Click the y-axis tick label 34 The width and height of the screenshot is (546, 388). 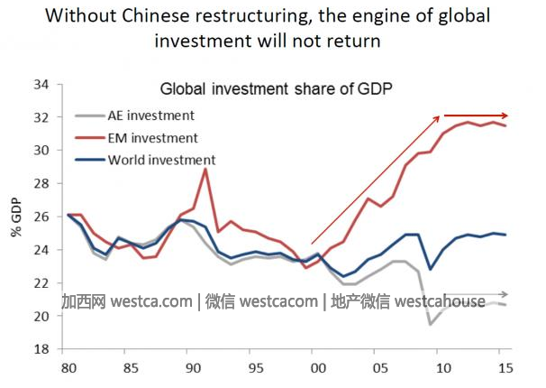(41, 85)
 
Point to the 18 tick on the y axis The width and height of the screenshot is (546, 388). (41, 349)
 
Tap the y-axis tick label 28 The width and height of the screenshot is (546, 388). (41, 184)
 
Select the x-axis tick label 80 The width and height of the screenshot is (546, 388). (68, 368)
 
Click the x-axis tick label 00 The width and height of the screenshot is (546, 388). (315, 368)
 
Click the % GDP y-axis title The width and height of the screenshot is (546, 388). (16, 217)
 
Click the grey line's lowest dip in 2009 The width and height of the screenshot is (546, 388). (430, 324)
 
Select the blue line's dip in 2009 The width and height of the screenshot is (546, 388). (430, 269)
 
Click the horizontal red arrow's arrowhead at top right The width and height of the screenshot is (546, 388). (505, 115)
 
